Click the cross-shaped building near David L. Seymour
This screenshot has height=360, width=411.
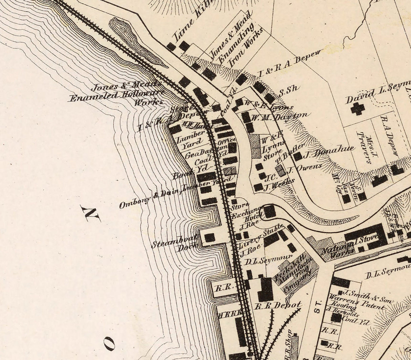(x=358, y=109)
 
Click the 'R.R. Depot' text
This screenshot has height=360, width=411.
(x=278, y=306)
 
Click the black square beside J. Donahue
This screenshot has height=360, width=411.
(x=298, y=156)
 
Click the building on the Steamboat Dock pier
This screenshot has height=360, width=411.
(x=210, y=238)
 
